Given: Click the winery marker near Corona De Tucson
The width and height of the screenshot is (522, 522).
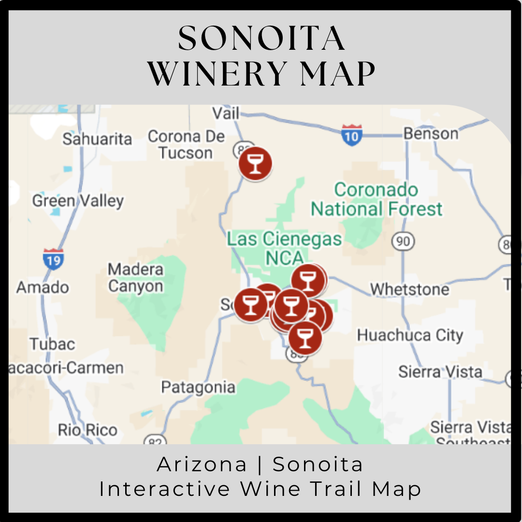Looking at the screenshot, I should coord(255,163).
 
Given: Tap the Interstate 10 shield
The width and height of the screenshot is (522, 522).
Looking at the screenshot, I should coord(351,135).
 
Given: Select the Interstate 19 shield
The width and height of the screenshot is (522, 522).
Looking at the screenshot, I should coord(53,259).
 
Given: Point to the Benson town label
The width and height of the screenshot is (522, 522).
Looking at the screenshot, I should coord(431,133).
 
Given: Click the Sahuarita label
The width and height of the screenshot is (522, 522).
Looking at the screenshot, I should coord(97,139).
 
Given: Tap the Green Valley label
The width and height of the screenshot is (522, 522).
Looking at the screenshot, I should coord(78,201).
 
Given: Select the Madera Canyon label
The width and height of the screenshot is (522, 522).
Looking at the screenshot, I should coord(136,277).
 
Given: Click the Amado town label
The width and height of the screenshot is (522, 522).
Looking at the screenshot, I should coord(43,287).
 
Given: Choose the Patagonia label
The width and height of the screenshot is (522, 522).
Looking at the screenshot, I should coord(198,387).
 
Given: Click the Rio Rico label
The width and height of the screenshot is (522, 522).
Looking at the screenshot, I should coord(87,430).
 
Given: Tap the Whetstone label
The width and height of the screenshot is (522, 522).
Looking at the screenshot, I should coord(409,289).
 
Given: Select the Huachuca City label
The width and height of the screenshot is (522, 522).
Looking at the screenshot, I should coord(410,335).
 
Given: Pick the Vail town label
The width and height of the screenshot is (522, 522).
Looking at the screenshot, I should coord(226,113).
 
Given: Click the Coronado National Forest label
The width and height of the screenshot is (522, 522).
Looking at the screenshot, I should coord(377,199).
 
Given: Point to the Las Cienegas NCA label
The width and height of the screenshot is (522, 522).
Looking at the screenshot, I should coord(284,248).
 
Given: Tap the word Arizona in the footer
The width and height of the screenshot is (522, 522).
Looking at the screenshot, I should coord(202,464).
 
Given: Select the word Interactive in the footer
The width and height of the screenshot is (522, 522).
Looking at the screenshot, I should coord(165,489).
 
